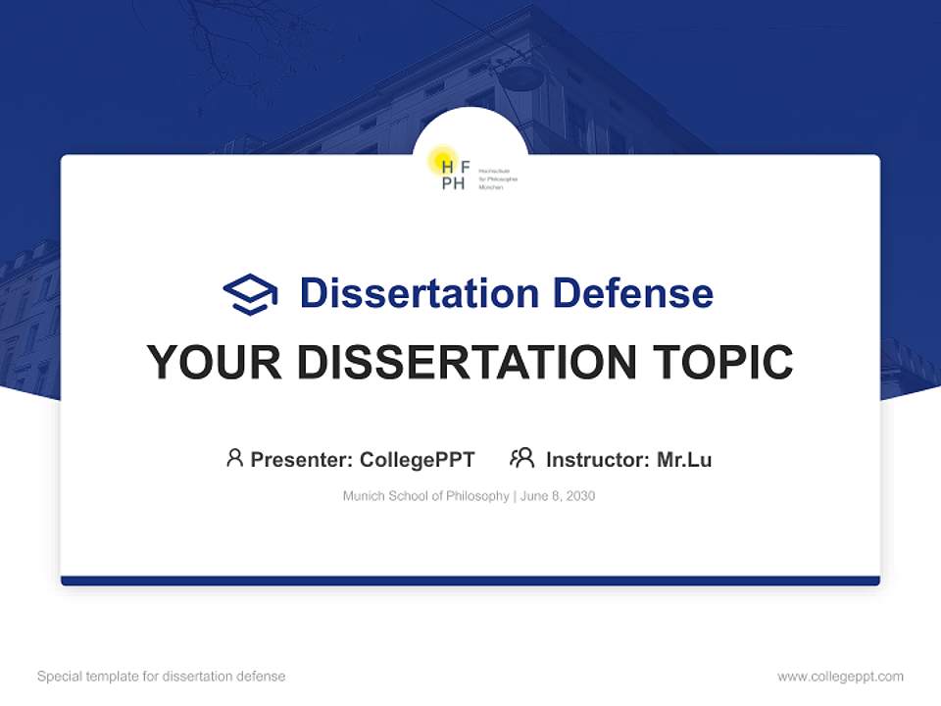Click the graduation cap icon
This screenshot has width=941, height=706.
tap(250, 294)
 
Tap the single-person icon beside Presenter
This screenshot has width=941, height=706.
tap(234, 458)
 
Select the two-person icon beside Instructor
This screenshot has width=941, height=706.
tap(521, 458)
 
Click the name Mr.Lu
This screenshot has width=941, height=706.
tap(684, 460)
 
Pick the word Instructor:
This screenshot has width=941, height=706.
tap(598, 460)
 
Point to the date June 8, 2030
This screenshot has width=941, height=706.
tap(558, 496)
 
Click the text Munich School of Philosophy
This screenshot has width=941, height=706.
tap(425, 496)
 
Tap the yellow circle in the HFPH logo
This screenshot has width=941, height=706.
tap(444, 159)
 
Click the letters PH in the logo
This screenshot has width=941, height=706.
tap(453, 183)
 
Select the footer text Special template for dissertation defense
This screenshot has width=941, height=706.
tap(161, 677)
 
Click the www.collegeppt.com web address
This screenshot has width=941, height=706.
tap(840, 677)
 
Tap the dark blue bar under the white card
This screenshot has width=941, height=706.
tap(470, 580)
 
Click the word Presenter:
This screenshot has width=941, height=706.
tap(301, 460)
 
